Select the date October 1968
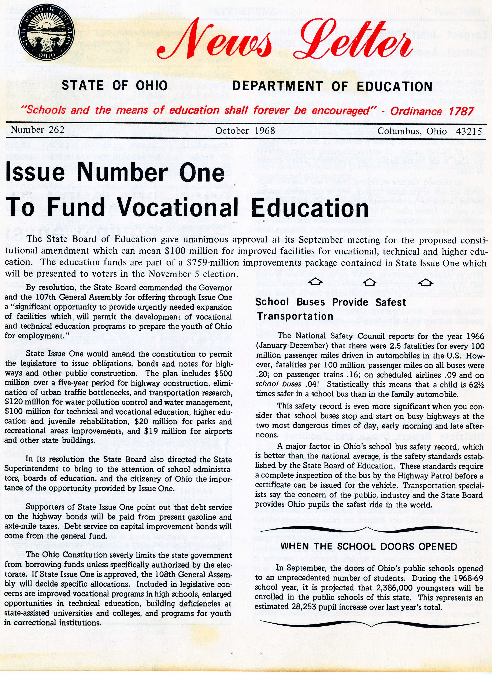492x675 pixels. (x=245, y=131)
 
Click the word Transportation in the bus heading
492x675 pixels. (x=295, y=316)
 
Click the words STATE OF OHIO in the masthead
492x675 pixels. (x=114, y=86)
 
